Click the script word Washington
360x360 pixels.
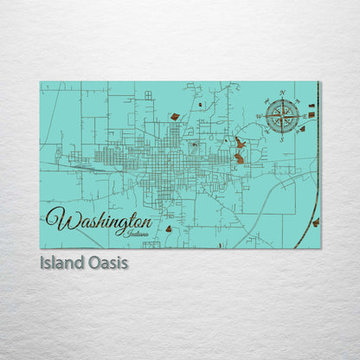point(95,220)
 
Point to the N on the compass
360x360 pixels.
point(283,93)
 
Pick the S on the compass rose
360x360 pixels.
point(283,136)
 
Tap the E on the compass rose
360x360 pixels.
point(304,115)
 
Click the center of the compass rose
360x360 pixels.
point(283,115)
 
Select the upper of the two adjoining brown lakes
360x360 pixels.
point(240,144)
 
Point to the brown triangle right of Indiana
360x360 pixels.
point(169,228)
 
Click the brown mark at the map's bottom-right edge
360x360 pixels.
point(315,222)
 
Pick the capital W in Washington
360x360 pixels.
point(57,219)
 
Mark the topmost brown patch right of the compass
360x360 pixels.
point(312,105)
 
